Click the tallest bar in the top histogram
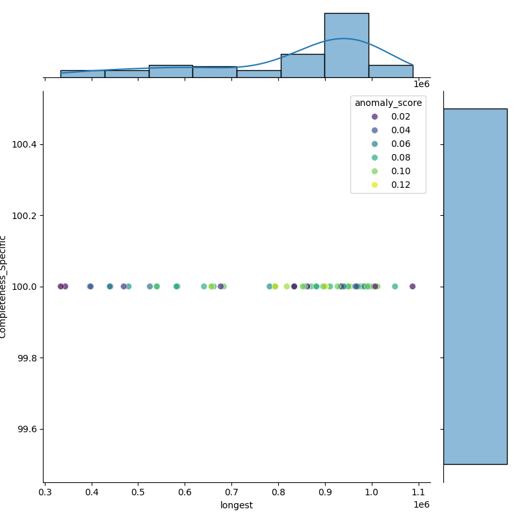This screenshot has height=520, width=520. [x=346, y=45]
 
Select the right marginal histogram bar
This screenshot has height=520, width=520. [x=475, y=286]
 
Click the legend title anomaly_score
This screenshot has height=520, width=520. [x=388, y=103]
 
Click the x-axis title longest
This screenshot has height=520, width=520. [x=237, y=505]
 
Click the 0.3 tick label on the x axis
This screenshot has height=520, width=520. [x=45, y=492]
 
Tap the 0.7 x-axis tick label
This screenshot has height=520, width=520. [x=232, y=492]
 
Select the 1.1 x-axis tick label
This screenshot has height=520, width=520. [x=419, y=492]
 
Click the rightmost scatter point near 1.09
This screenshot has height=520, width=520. [x=412, y=286]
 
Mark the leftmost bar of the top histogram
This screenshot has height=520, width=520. [x=83, y=74]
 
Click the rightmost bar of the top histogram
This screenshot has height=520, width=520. [x=391, y=71]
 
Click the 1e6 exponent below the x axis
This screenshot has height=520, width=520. [x=421, y=504]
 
